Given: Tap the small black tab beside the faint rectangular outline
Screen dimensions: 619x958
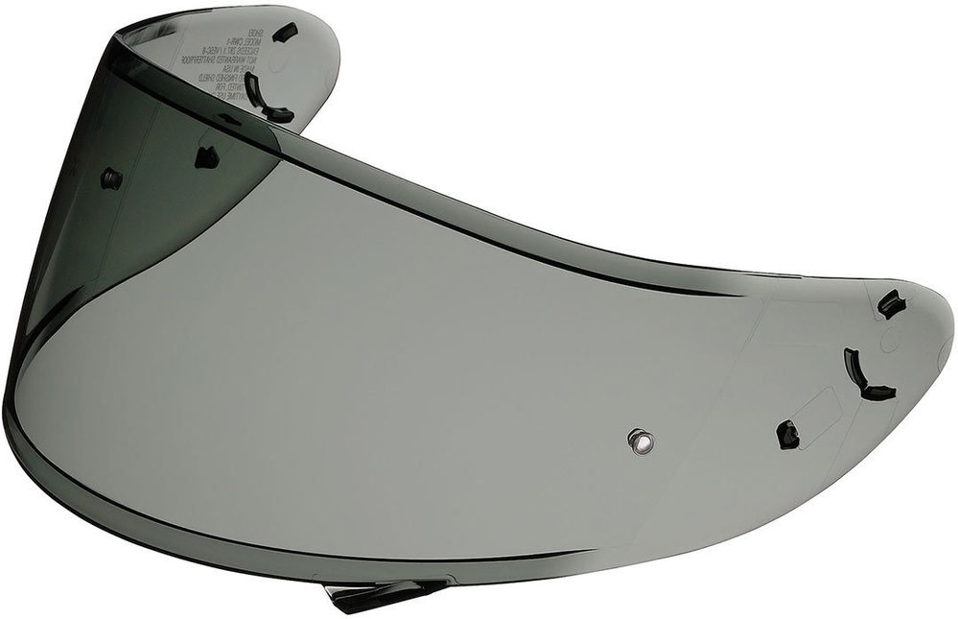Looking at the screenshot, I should [788, 434].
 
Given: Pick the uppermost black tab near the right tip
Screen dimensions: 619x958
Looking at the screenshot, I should [891, 303].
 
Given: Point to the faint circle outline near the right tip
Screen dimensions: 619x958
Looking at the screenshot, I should [889, 338].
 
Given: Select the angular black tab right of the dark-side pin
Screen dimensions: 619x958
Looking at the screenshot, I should [206, 155].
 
